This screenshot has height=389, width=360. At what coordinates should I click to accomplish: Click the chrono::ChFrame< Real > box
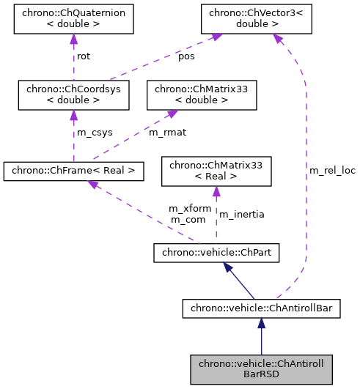click(73, 171)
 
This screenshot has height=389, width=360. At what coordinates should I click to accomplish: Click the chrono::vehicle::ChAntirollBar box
click(260, 308)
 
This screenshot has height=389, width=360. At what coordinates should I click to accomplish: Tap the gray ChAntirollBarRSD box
click(260, 368)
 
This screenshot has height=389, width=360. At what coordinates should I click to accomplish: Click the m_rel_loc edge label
click(332, 171)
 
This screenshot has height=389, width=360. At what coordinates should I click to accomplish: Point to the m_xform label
click(190, 209)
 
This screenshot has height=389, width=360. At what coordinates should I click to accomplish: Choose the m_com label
click(187, 219)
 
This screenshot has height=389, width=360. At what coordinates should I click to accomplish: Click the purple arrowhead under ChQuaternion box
click(73, 40)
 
